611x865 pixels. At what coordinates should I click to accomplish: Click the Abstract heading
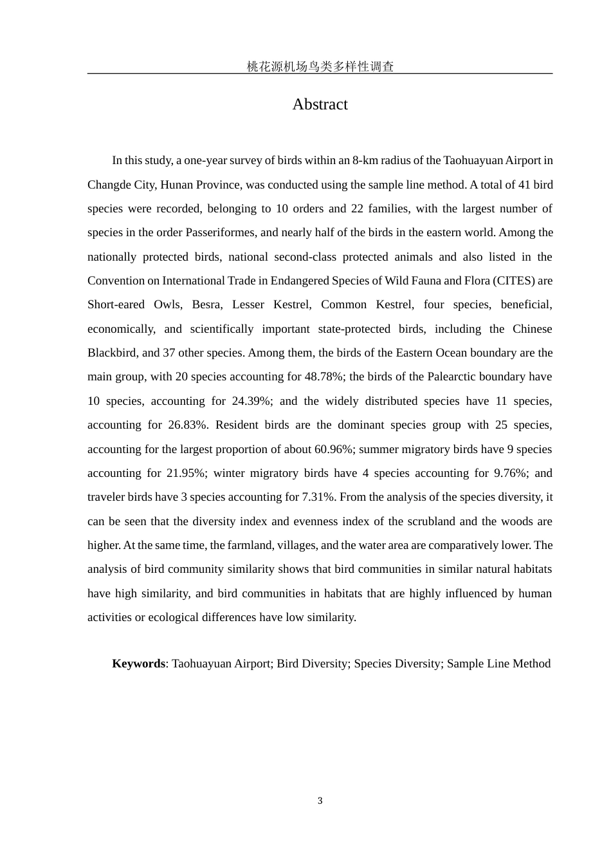[320, 104]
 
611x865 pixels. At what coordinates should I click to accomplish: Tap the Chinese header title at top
[320, 66]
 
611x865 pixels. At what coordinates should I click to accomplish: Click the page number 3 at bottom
[320, 801]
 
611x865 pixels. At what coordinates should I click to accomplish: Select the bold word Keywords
[138, 664]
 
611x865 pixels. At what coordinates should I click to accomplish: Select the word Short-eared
[116, 304]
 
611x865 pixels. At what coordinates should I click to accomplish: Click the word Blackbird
[111, 353]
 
